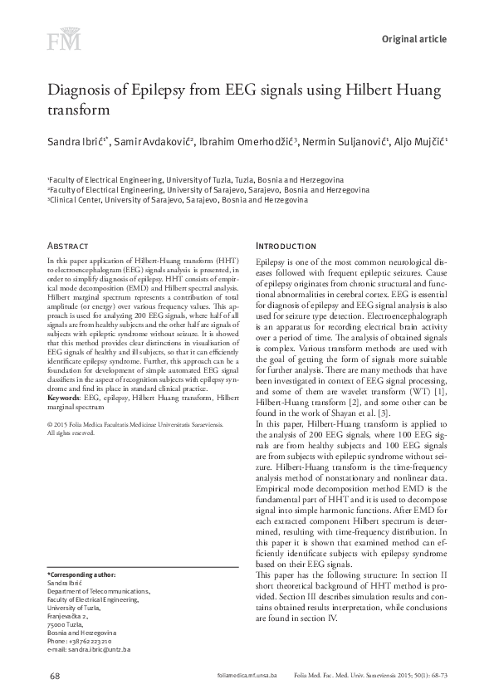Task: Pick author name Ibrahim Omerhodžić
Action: click(x=248, y=143)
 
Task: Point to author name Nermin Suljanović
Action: click(x=344, y=143)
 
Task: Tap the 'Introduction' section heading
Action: click(x=286, y=247)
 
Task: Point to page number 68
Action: click(x=55, y=677)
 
